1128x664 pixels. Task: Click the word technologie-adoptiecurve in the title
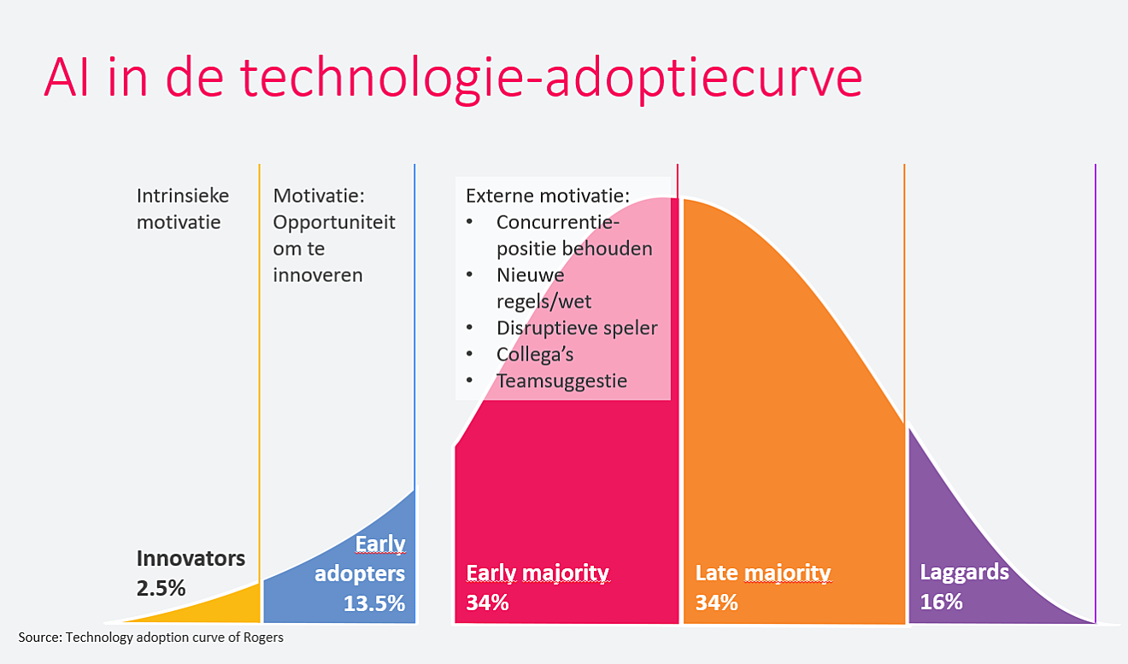tap(551, 79)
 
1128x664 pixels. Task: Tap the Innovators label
tap(191, 558)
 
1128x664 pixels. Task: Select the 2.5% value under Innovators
tap(162, 588)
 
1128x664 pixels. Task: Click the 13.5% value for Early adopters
tap(374, 603)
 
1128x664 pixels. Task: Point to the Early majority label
tap(538, 573)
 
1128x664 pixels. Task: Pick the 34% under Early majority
tap(487, 602)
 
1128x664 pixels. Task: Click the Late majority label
tap(763, 573)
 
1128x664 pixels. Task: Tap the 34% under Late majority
tap(717, 602)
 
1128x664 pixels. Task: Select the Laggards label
tap(964, 573)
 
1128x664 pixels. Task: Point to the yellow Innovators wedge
tap(216, 610)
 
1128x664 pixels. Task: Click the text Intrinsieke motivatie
tap(183, 209)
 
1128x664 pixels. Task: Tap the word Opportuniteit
tap(334, 222)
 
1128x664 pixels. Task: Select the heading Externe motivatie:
tap(548, 196)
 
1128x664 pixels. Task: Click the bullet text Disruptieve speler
tap(577, 328)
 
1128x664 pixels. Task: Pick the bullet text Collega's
tap(535, 355)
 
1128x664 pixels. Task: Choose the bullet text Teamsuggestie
tap(562, 381)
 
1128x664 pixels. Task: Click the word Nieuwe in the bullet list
tap(531, 275)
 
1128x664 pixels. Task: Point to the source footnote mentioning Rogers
tap(151, 638)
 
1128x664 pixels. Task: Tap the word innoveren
tap(318, 275)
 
